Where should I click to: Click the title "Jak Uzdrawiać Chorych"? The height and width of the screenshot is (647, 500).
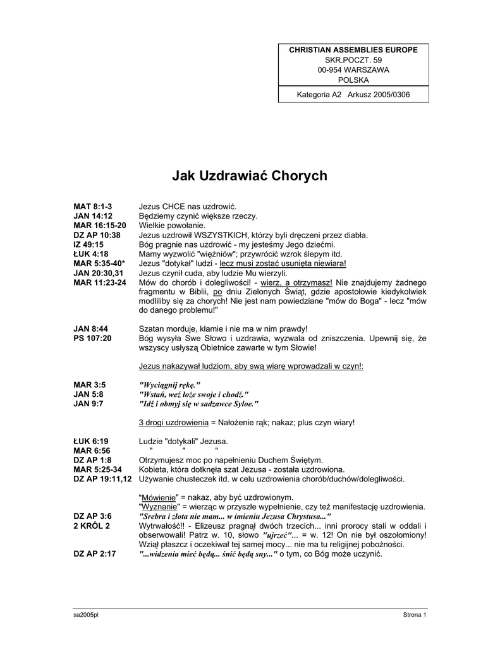click(250, 176)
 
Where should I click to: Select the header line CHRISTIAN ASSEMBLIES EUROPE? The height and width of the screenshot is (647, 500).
click(353, 49)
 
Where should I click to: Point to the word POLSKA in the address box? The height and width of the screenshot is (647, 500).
click(353, 80)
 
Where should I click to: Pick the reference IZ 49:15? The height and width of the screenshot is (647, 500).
click(88, 244)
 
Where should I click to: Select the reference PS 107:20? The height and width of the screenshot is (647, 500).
click(92, 339)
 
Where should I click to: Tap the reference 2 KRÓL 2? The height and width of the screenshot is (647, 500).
click(92, 526)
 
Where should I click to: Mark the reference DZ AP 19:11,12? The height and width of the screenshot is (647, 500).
click(103, 479)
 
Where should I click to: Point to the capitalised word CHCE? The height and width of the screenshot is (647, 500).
click(175, 207)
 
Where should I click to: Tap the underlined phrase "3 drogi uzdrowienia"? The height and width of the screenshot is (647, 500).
click(173, 422)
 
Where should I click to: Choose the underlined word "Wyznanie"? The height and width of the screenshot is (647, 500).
click(159, 507)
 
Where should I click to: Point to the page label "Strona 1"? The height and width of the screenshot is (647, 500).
click(415, 615)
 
